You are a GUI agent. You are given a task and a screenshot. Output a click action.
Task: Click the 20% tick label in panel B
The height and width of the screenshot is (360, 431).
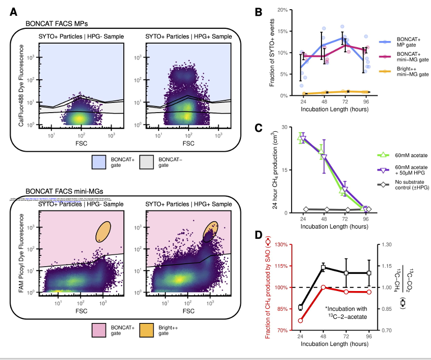point(282,10)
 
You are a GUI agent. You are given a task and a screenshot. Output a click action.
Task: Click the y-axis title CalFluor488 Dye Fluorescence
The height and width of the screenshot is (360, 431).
point(21,86)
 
